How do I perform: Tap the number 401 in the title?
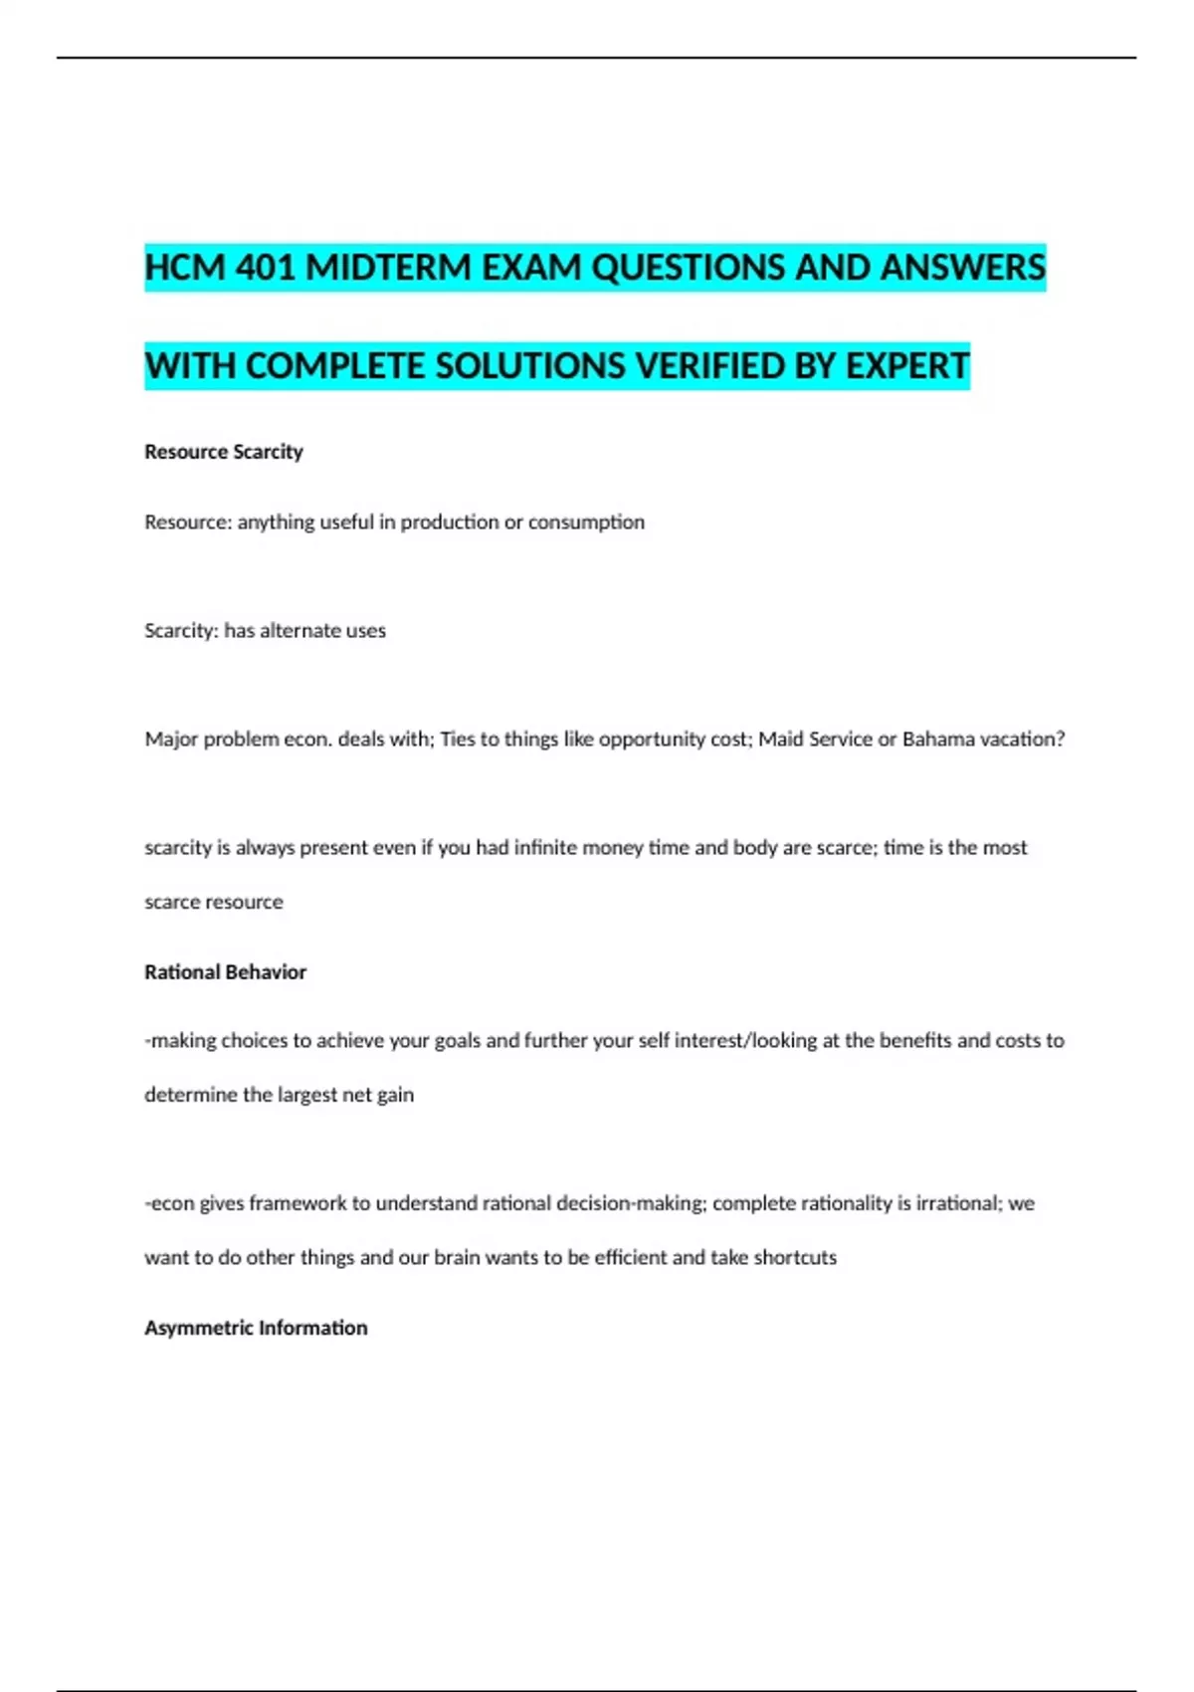267,267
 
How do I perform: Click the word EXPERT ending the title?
906,366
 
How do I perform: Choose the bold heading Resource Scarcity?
224,452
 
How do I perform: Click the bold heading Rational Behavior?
225,972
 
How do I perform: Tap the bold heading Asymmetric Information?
256,1328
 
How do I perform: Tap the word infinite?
545,848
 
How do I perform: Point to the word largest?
306,1095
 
